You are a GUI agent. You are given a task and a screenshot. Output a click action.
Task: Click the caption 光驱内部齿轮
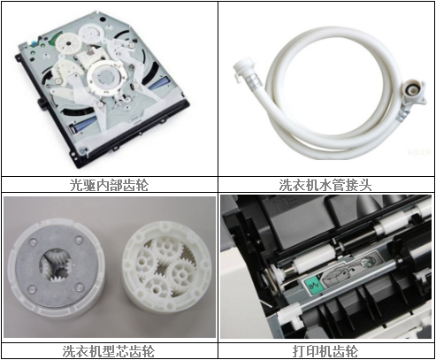[109, 185]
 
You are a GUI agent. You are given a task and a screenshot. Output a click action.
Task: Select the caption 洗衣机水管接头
[325, 185]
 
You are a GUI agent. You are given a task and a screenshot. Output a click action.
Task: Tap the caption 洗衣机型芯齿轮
[109, 351]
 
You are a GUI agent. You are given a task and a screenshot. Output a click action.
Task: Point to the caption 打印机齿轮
[325, 351]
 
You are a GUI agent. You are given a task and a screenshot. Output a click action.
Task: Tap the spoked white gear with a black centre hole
[69, 43]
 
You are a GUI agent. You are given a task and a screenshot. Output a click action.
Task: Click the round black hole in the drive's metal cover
[103, 19]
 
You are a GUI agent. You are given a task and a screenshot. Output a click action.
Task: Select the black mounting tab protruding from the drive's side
[41, 103]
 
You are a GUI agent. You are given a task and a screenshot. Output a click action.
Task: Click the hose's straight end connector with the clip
[246, 73]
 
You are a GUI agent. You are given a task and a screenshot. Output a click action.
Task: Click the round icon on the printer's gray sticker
[367, 262]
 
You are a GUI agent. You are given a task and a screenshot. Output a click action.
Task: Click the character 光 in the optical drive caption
[76, 185]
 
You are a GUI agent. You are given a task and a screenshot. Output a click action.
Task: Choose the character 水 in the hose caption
[325, 185]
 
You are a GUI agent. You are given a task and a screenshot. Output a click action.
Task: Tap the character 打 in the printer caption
[299, 351]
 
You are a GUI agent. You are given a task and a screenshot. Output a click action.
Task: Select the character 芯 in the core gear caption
[122, 351]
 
